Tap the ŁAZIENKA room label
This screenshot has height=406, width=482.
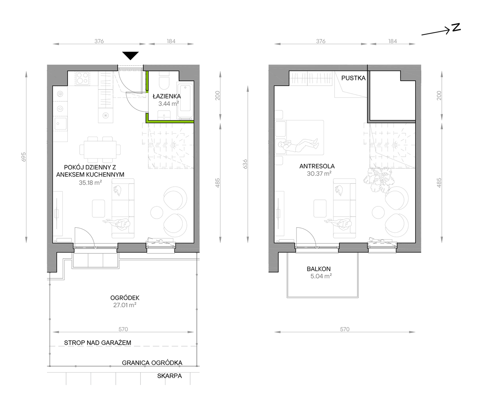point(167,96)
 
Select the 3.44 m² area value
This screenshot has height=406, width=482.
point(169,103)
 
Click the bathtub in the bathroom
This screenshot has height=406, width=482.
point(185,101)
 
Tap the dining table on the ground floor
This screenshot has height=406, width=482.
point(100,150)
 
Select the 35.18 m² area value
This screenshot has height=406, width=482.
point(90,183)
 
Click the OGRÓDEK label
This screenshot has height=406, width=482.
point(125,298)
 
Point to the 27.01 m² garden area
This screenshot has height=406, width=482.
point(125,305)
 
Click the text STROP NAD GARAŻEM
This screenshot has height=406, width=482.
point(98,343)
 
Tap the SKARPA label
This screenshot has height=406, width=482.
point(169,376)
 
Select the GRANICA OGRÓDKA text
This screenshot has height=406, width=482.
point(152,363)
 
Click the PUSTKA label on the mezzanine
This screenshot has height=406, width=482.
point(353,78)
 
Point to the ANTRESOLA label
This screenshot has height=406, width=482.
point(317,166)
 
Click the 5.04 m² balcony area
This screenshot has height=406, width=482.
point(321,276)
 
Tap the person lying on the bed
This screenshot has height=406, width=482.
point(298,146)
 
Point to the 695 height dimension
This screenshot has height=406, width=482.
point(24,157)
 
